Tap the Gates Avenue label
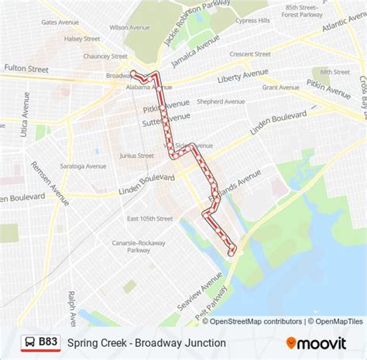60,22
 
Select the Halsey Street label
82,38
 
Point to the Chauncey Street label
106,56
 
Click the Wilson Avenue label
130,27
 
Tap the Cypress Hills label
253,20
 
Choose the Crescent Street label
250,54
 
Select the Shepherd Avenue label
221,101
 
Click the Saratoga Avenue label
85,166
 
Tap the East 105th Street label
150,218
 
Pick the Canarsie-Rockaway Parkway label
138,245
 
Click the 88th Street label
334,71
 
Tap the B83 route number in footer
49,341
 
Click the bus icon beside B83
28,341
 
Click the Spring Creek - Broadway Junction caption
146,342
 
